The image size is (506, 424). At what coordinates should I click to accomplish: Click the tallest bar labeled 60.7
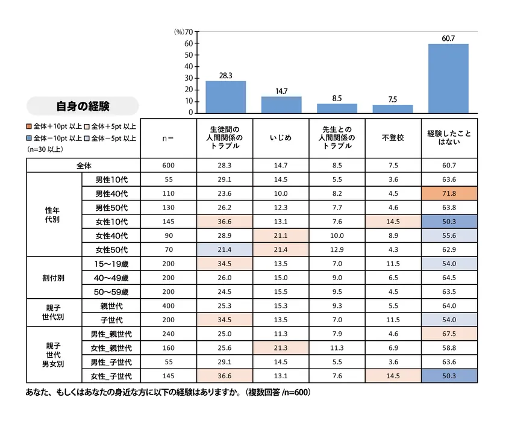tap(448, 78)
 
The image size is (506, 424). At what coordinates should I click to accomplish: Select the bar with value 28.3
tap(225, 97)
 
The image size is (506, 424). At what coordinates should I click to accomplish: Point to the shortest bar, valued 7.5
tap(392, 109)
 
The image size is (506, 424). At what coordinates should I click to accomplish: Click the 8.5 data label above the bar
tap(337, 98)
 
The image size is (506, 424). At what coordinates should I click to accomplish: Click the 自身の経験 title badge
tap(83, 107)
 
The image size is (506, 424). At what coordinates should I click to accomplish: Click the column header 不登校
tap(392, 138)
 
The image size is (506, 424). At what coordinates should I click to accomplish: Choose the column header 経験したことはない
tap(448, 138)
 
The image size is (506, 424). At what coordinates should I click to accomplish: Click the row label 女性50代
tap(112, 249)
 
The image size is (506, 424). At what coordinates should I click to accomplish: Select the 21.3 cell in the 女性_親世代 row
tap(281, 348)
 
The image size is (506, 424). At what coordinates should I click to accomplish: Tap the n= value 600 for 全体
tap(168, 165)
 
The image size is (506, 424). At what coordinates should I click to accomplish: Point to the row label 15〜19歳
tap(112, 264)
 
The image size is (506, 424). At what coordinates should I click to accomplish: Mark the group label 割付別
tap(53, 278)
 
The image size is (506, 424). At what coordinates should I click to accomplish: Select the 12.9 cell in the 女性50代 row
tap(337, 249)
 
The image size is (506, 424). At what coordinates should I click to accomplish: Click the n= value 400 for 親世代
tap(168, 306)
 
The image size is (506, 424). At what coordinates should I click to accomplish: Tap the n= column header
tap(168, 138)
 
